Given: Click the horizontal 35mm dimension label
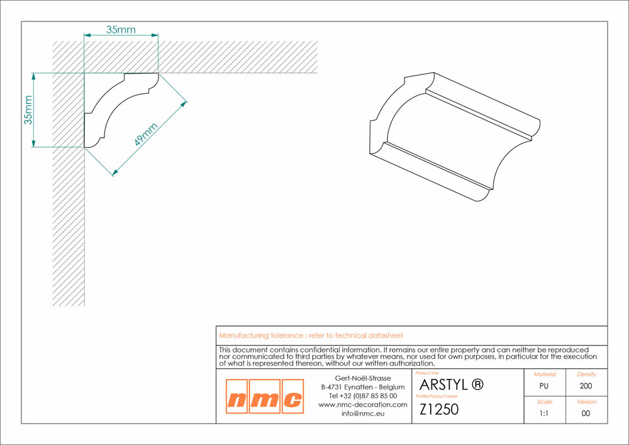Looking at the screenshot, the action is tap(121, 30).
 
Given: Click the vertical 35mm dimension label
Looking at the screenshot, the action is tap(28, 110).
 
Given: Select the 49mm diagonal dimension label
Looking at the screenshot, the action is tap(146, 135).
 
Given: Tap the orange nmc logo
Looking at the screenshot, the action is tap(265, 397).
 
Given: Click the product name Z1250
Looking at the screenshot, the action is tap(439, 409).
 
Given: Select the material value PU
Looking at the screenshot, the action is tap(544, 386).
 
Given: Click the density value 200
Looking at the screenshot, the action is tap(586, 386).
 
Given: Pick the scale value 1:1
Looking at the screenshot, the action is tap(544, 414).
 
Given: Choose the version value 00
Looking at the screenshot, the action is tap(586, 414).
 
